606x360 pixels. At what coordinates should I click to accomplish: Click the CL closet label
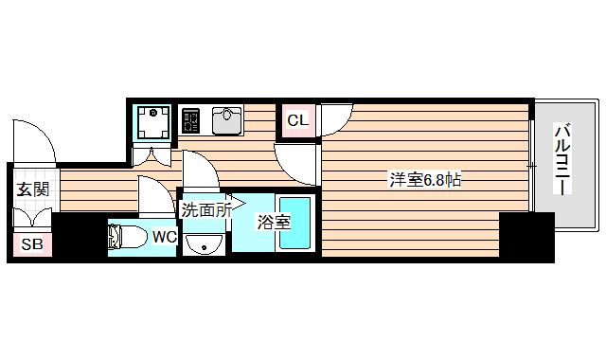(x=297, y=120)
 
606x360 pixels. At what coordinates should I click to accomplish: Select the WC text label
(x=163, y=236)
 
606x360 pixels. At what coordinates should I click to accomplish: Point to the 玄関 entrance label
(x=31, y=189)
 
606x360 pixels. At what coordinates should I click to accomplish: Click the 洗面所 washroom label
(x=205, y=210)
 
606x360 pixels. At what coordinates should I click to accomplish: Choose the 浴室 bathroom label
(x=274, y=224)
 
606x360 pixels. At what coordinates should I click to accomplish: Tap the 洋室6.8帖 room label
(x=425, y=179)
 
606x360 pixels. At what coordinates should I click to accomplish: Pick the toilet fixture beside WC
(x=128, y=237)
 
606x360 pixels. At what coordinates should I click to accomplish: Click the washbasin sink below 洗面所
(x=202, y=246)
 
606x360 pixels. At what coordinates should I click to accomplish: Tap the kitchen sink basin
(x=227, y=120)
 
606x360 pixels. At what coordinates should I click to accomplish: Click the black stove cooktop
(x=190, y=121)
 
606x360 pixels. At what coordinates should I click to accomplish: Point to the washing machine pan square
(x=151, y=121)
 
